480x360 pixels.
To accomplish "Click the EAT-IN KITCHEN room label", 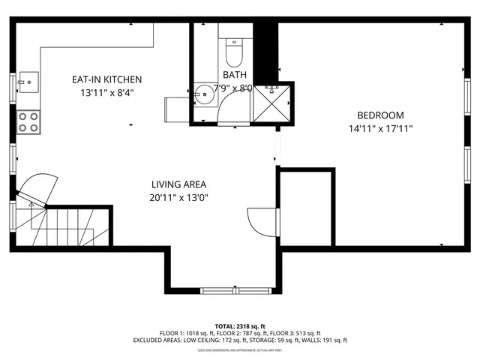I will (x=106, y=79).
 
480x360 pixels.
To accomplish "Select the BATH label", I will (x=234, y=75).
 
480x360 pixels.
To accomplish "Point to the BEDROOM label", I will (x=379, y=115).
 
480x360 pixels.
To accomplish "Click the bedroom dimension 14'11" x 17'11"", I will (x=379, y=129).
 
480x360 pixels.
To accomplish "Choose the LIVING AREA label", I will (x=178, y=184).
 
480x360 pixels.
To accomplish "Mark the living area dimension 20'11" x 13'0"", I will (x=178, y=198).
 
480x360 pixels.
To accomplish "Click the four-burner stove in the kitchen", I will (x=28, y=121).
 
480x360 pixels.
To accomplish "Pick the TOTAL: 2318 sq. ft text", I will (x=239, y=326).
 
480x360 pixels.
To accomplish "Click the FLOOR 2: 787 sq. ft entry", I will (x=239, y=333).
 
